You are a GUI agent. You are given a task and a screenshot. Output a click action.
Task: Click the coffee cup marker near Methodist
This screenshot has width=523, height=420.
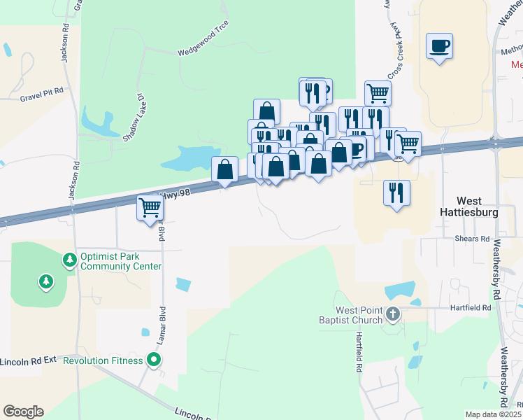click(439, 47)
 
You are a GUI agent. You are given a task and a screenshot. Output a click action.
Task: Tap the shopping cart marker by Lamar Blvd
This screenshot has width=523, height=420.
click(150, 207)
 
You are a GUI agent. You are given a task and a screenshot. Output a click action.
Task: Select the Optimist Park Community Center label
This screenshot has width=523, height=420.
click(121, 261)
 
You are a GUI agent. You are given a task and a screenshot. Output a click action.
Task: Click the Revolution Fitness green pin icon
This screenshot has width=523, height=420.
click(155, 360)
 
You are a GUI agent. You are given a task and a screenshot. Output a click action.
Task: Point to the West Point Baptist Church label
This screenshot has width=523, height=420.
click(349, 315)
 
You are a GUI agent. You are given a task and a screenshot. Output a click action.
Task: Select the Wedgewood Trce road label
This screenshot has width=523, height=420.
click(203, 41)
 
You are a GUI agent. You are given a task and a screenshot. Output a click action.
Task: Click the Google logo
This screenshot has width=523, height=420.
click(23, 412)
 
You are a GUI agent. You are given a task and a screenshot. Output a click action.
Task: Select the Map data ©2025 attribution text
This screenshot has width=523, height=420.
click(493, 414)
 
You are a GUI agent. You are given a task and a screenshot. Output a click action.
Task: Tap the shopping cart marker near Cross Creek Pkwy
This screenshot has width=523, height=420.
click(378, 92)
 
